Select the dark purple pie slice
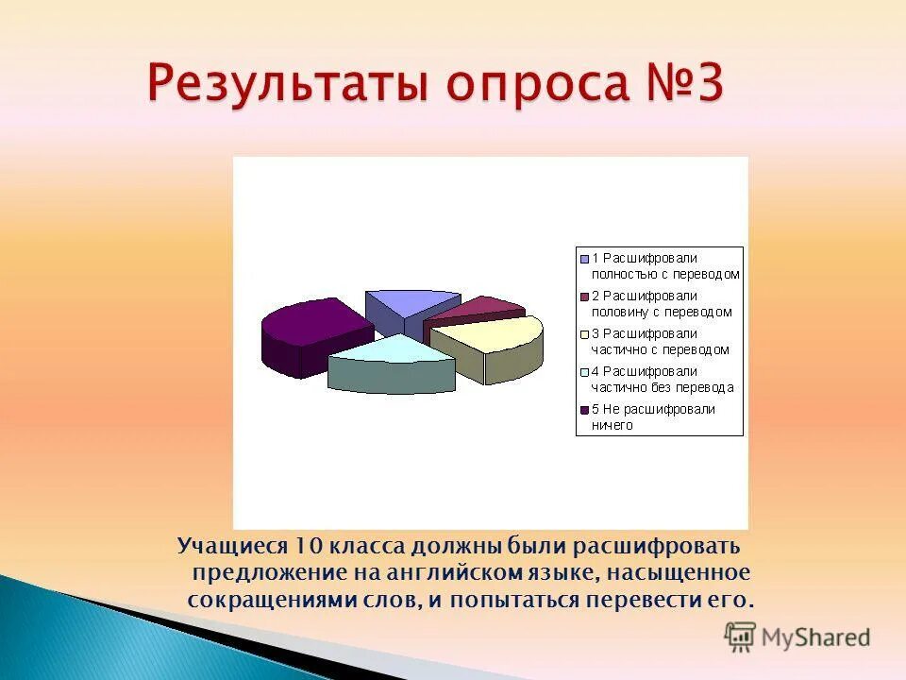[311, 326]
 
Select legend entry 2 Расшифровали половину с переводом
[661, 303]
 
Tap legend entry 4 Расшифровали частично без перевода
[661, 379]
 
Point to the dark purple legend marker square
[584, 410]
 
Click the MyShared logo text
[816, 637]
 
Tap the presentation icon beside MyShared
[741, 637]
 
